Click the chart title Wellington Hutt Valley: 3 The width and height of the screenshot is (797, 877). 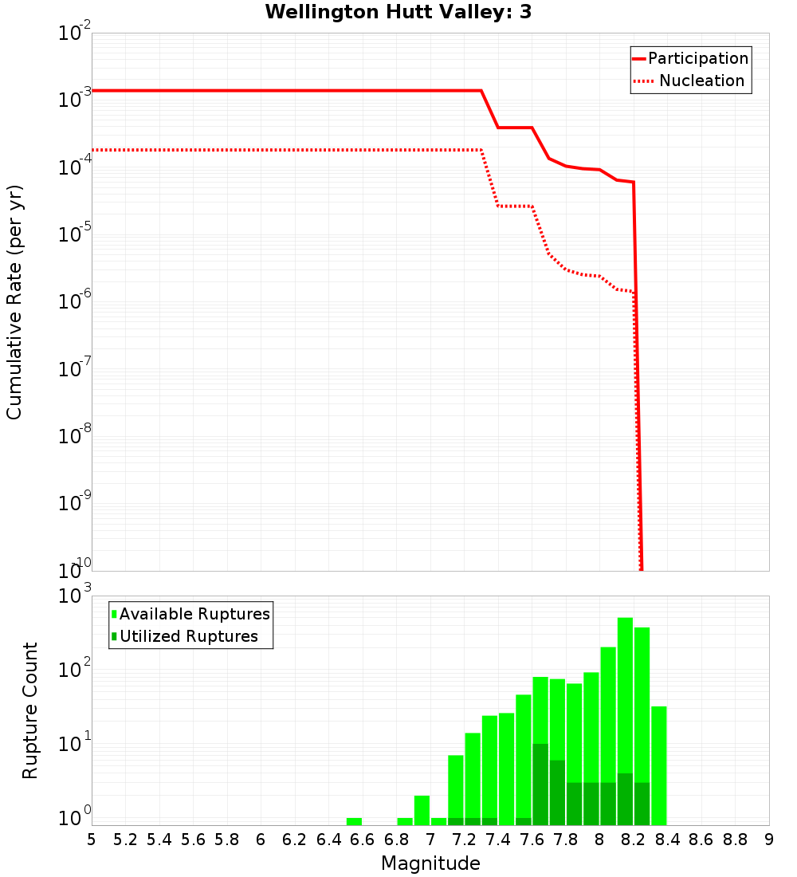(x=398, y=12)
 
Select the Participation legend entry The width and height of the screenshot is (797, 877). (x=697, y=59)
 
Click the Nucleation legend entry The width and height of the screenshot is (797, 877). (x=701, y=81)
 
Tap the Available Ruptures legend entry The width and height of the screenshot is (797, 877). (x=194, y=614)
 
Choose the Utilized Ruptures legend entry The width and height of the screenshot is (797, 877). (x=188, y=636)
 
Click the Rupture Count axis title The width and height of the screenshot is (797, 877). (x=30, y=710)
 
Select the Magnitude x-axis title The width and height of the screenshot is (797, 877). (x=430, y=863)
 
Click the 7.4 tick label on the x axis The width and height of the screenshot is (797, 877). (x=498, y=840)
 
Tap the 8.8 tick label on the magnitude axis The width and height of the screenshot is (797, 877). (x=735, y=840)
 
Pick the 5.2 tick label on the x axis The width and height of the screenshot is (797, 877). (x=126, y=840)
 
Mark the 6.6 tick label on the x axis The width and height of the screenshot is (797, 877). (x=363, y=840)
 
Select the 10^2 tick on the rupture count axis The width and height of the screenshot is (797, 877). (x=77, y=670)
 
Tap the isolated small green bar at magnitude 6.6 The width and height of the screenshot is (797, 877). (x=354, y=821)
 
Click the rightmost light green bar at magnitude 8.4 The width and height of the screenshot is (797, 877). (x=659, y=765)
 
